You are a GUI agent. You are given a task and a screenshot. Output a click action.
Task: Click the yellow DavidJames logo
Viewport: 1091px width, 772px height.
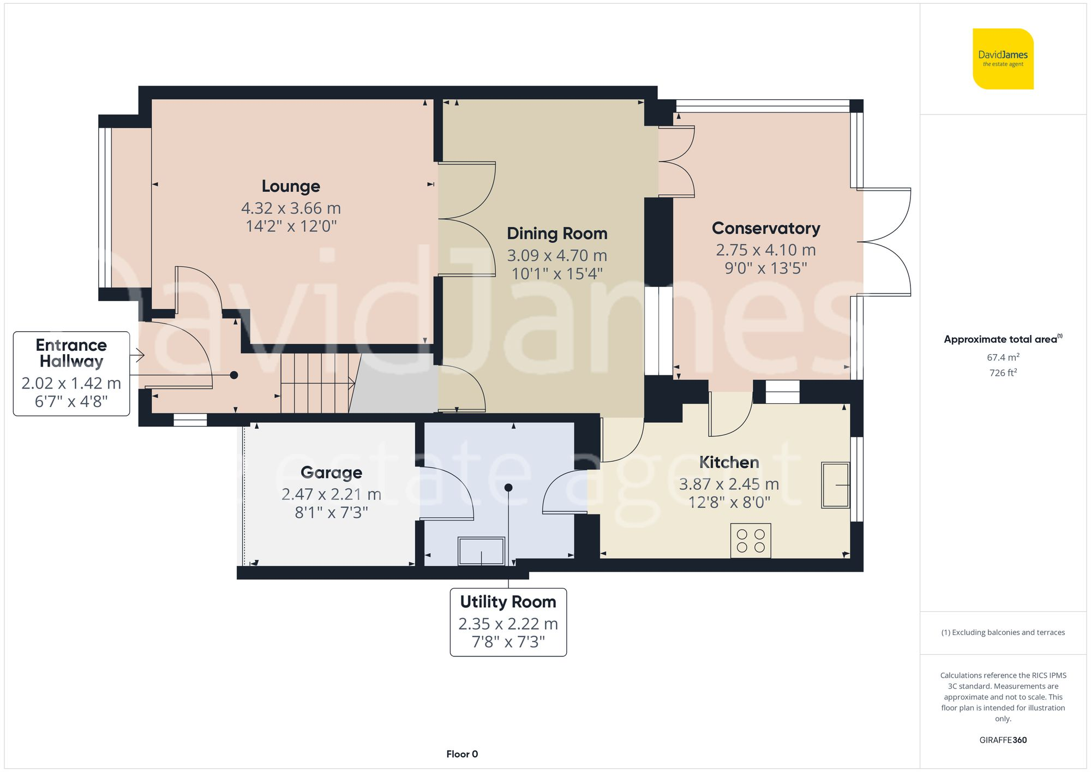(x=1003, y=59)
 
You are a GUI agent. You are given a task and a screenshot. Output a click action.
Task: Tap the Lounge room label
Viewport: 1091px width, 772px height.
(x=291, y=186)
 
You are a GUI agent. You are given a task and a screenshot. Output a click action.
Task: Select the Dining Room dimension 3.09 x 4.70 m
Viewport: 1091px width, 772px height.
(x=556, y=255)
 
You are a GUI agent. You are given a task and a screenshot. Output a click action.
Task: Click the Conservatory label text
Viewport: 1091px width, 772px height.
(x=765, y=228)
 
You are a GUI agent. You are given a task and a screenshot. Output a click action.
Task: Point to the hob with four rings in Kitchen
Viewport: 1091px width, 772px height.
(x=751, y=541)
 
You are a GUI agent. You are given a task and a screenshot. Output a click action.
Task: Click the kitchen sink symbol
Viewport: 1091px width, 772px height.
(x=836, y=485)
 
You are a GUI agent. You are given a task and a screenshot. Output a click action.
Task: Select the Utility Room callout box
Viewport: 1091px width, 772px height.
(x=508, y=622)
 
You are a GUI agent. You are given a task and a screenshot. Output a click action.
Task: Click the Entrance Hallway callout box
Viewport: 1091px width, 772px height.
(x=71, y=374)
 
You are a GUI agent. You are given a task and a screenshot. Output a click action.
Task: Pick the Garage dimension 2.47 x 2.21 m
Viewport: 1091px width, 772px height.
(x=331, y=494)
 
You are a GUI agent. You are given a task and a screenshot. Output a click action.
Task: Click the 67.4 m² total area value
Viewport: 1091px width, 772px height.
(x=1003, y=357)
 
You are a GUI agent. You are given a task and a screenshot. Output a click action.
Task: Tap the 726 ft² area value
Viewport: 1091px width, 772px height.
(x=1003, y=373)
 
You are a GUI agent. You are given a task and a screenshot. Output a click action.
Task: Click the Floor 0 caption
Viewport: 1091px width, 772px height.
(x=461, y=754)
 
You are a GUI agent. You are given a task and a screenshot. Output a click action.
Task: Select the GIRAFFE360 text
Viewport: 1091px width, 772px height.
(x=1003, y=740)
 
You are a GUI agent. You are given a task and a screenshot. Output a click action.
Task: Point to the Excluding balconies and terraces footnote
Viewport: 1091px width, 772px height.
(x=1003, y=632)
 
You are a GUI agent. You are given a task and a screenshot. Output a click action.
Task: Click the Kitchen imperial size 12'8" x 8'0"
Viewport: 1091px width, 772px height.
(x=729, y=502)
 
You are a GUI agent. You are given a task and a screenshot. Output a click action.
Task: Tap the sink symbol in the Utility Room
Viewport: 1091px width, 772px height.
(x=481, y=551)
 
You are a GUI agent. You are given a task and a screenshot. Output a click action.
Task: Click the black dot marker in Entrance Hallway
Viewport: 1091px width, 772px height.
(x=234, y=375)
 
